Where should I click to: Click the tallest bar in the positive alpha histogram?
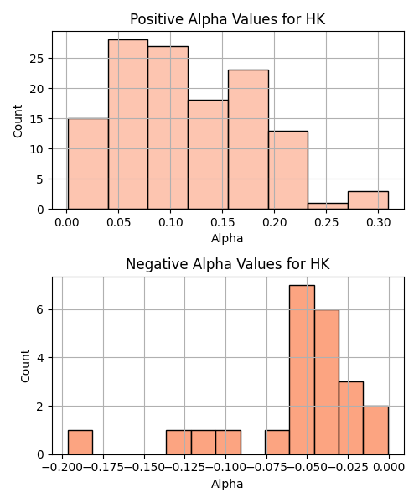(x=128, y=124)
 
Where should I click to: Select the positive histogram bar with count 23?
(x=248, y=139)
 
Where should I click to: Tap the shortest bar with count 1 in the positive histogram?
(x=328, y=206)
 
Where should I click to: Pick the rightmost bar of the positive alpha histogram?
(x=369, y=200)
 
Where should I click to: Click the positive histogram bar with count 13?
(x=288, y=170)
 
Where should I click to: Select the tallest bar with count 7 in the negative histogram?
(x=302, y=370)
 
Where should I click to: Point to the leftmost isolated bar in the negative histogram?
(x=80, y=443)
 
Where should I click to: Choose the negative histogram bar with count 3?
(x=351, y=418)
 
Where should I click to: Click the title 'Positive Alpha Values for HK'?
(x=228, y=19)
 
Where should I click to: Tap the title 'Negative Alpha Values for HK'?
(x=228, y=264)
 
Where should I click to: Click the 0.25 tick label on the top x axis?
(x=326, y=222)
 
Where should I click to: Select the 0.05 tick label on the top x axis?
(x=119, y=222)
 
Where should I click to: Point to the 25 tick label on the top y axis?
(x=37, y=59)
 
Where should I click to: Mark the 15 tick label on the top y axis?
(x=37, y=119)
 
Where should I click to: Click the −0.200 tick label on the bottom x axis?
(x=62, y=468)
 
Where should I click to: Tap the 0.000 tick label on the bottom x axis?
(x=389, y=468)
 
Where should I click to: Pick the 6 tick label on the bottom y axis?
(x=40, y=310)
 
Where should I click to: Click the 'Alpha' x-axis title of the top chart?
(x=227, y=238)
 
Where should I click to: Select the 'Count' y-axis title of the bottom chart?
(x=25, y=366)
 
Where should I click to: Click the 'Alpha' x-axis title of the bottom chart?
(x=227, y=484)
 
